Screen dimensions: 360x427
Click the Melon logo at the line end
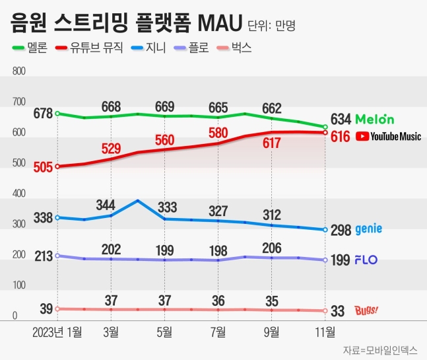[x=374, y=120]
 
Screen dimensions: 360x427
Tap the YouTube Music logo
[x=387, y=137]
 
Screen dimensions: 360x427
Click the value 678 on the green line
[x=44, y=114]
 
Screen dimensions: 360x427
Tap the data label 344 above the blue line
[x=110, y=204]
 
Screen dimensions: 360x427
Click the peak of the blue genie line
[x=137, y=200]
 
